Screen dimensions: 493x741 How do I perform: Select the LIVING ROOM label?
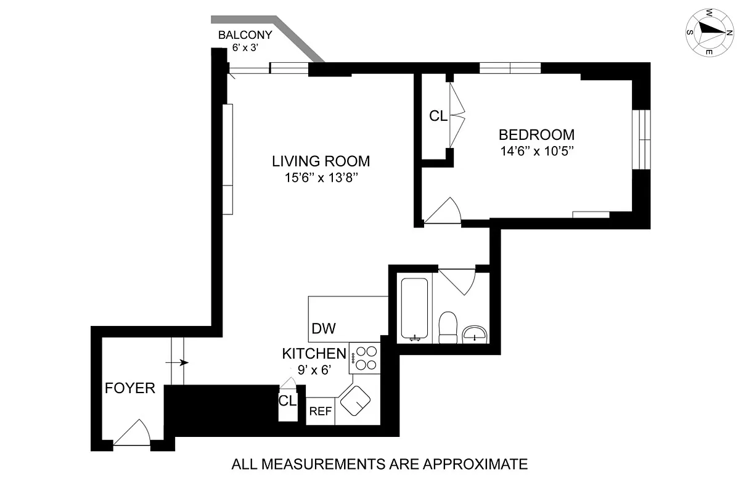point(321,161)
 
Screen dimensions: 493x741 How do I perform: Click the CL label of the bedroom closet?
point(438,116)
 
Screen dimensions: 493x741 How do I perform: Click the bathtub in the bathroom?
point(414,309)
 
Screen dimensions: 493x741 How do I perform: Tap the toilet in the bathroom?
point(447,327)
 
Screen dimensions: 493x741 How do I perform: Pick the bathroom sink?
point(475,335)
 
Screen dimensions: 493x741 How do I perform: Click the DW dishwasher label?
point(324,328)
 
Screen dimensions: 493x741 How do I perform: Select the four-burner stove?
point(366,358)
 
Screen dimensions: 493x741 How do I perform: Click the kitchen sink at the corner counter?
point(355,402)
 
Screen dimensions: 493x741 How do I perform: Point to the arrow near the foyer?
point(181,362)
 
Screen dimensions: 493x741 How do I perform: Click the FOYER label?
point(129,389)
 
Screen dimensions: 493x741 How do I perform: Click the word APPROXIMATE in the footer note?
point(476,464)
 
